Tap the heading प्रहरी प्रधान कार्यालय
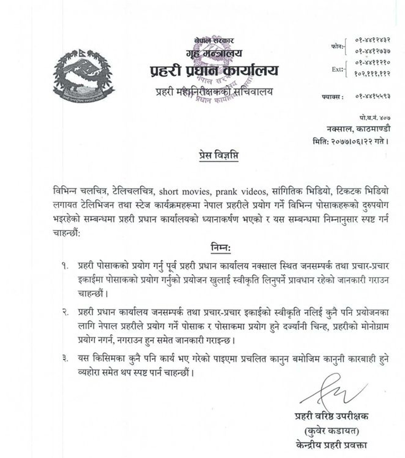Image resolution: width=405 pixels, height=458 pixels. click(x=214, y=71)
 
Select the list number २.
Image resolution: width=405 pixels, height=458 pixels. click(x=66, y=311)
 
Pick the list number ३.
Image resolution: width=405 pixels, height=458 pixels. click(x=66, y=359)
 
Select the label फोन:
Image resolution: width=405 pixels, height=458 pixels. click(x=336, y=46)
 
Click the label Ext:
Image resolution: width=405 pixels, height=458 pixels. click(x=337, y=69)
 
